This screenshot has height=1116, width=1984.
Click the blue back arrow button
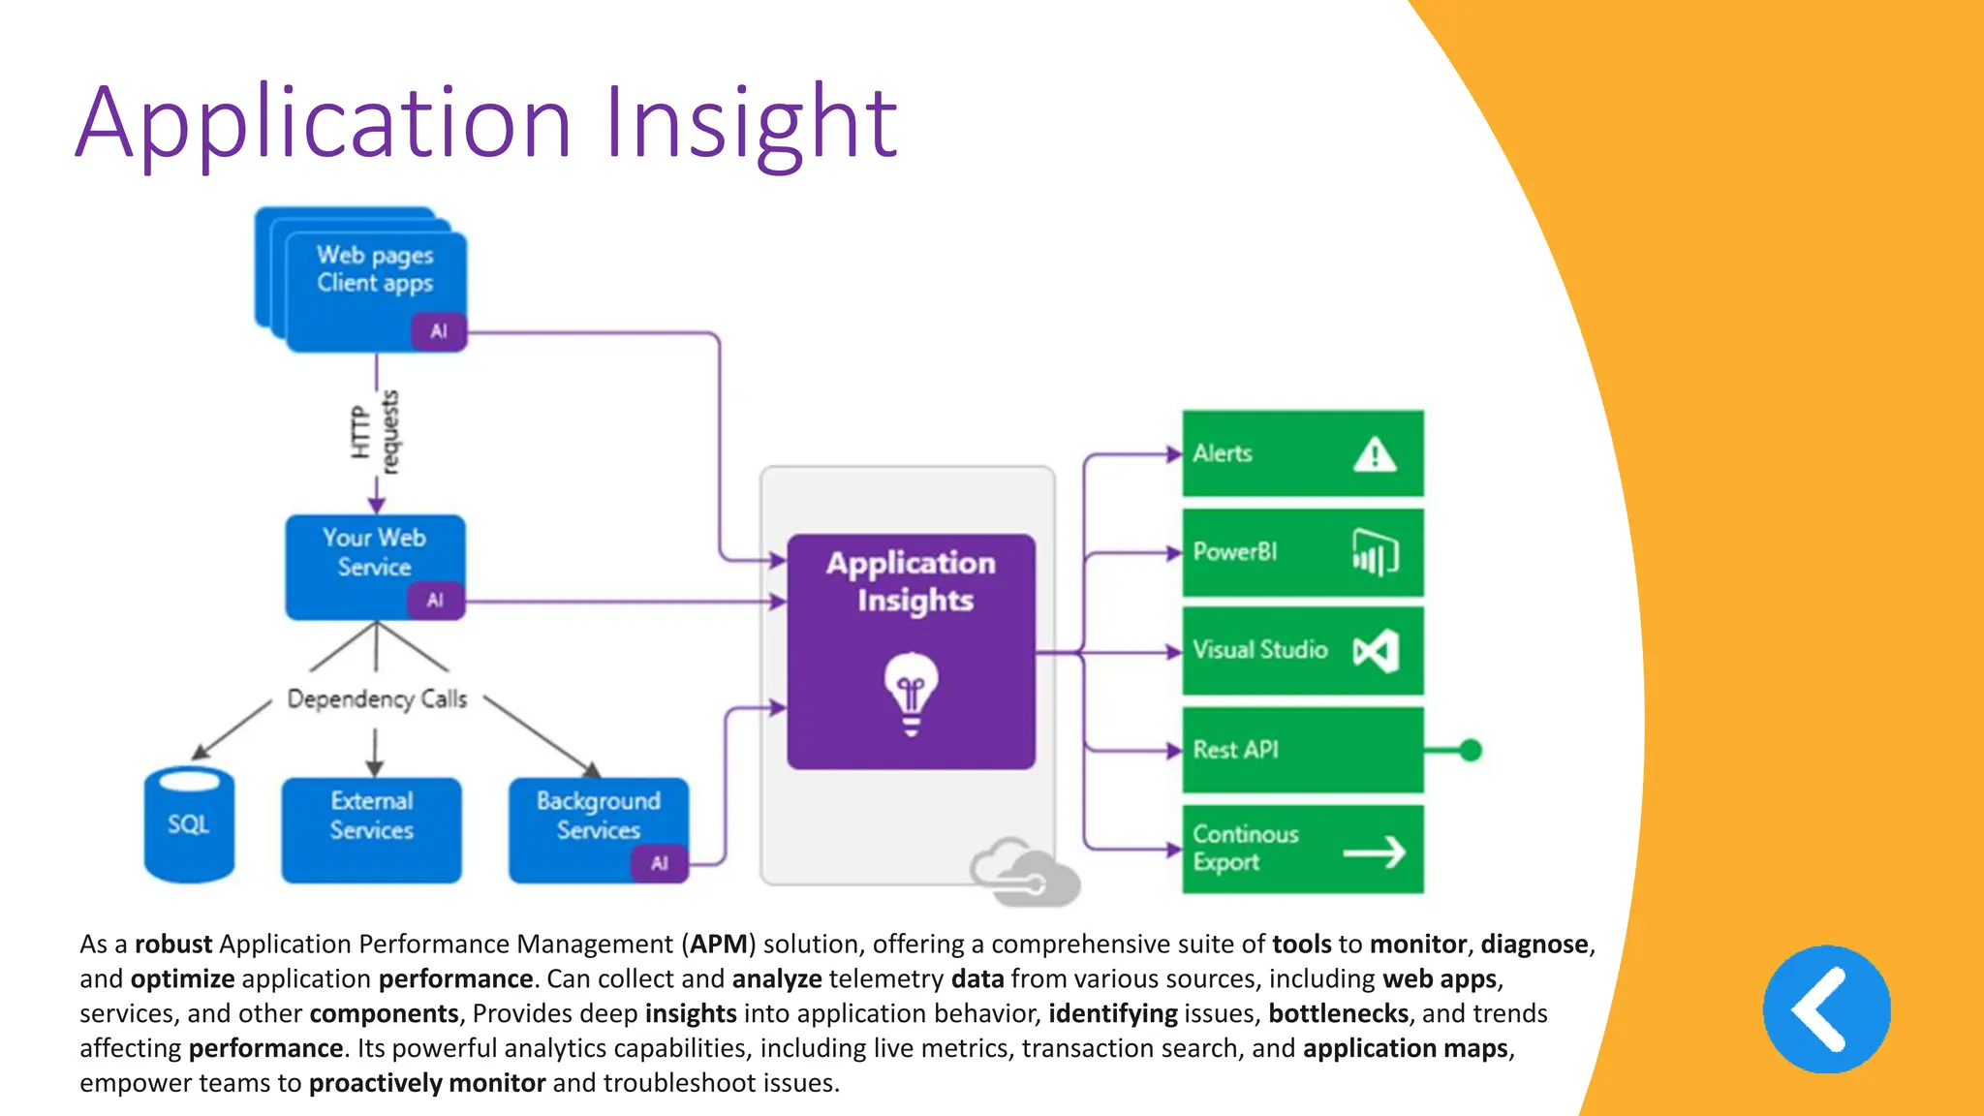tap(1826, 1009)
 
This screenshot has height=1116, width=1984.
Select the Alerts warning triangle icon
tap(1375, 454)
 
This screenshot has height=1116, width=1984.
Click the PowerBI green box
tap(1302, 553)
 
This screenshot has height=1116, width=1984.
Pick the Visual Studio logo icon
tap(1377, 651)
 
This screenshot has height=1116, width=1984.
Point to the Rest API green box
tap(1302, 750)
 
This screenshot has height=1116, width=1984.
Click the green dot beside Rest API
tap(1471, 750)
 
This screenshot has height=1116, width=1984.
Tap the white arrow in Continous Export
tap(1375, 852)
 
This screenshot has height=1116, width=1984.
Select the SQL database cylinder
tap(189, 825)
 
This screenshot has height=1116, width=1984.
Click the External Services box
tap(372, 830)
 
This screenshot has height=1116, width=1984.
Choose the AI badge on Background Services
tap(660, 863)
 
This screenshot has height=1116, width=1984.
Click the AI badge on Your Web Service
tap(435, 601)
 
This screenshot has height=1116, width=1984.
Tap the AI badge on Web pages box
tap(439, 331)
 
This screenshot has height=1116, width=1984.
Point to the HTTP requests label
tap(374, 432)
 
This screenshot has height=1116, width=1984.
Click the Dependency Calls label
tap(377, 698)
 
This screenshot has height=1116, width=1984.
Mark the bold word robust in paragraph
tap(173, 944)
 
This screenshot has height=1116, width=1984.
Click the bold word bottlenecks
tap(1338, 1013)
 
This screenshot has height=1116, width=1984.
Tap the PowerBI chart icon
tap(1375, 553)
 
